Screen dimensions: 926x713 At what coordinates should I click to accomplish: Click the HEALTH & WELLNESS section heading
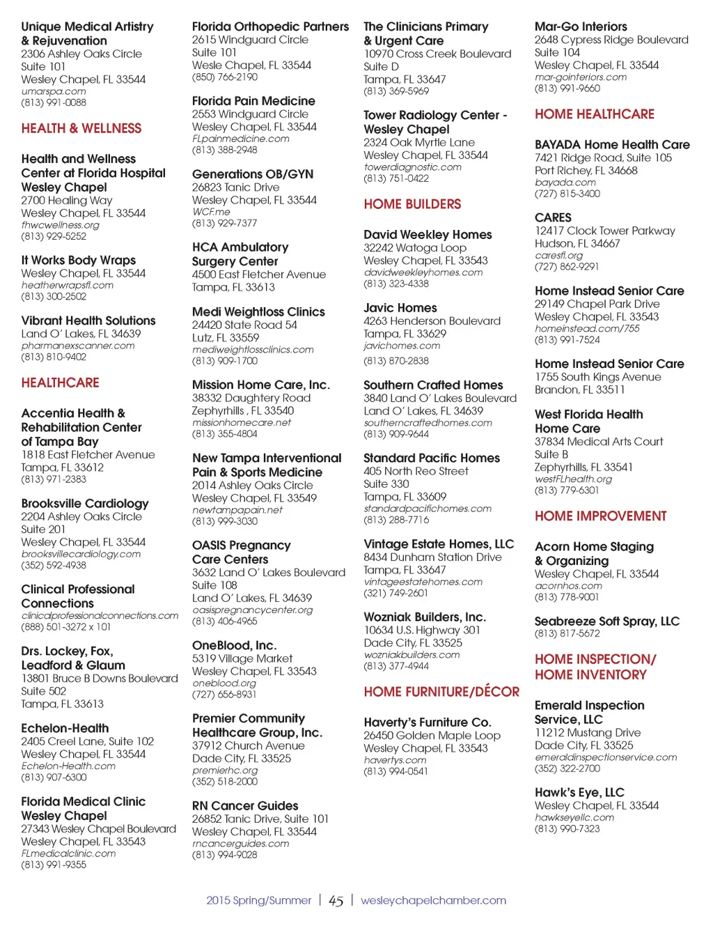click(x=81, y=129)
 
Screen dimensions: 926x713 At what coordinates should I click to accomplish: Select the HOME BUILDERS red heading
click(x=412, y=205)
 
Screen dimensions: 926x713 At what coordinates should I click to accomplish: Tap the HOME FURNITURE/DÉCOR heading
click(x=441, y=692)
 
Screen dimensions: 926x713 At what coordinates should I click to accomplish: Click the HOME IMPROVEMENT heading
click(x=600, y=516)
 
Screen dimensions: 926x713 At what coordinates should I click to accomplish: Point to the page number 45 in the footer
click(x=336, y=901)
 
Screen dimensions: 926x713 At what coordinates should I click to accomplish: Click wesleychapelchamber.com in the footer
click(x=433, y=900)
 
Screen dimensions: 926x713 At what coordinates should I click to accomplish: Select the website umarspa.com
click(x=54, y=91)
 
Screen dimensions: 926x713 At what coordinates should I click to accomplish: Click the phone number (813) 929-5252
click(x=54, y=236)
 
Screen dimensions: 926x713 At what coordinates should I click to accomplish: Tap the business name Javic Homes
click(x=400, y=308)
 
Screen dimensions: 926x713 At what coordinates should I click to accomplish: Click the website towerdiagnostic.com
click(x=412, y=167)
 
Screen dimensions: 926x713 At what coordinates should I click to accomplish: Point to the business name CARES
click(x=553, y=217)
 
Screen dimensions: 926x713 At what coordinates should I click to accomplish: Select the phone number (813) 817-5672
click(x=567, y=633)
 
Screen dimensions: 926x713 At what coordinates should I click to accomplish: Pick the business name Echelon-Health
click(x=65, y=729)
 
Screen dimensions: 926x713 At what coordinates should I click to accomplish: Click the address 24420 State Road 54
click(x=244, y=325)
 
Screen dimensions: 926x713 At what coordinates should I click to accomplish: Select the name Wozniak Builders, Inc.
click(x=425, y=617)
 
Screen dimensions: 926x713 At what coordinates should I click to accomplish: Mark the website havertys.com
click(x=394, y=760)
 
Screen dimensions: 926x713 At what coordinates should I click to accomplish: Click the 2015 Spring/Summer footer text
click(x=258, y=900)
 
